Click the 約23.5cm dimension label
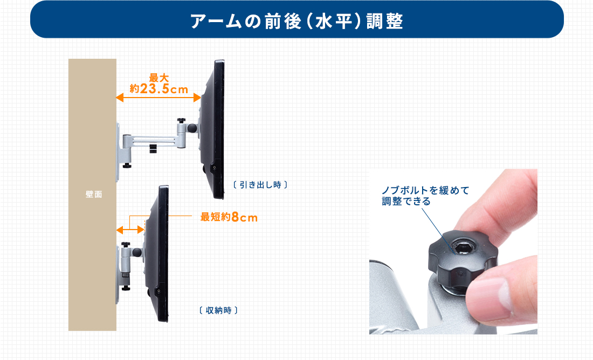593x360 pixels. click(x=159, y=89)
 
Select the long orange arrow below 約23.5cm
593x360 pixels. click(x=158, y=98)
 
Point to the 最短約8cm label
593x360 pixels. click(x=229, y=217)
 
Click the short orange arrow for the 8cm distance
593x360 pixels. click(x=130, y=230)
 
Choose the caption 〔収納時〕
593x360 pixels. click(x=218, y=310)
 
